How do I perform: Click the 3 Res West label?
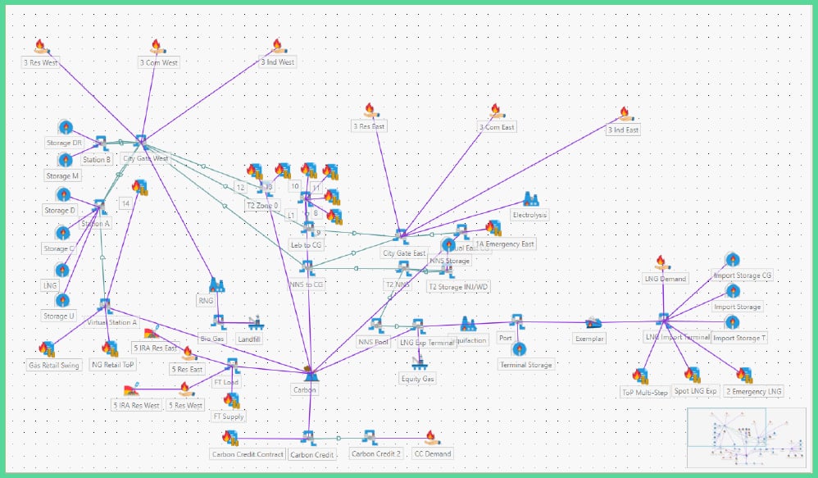click(x=39, y=62)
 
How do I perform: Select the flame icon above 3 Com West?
click(x=157, y=47)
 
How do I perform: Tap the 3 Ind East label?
click(x=623, y=130)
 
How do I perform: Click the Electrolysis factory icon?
click(x=529, y=199)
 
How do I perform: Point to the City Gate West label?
click(x=145, y=158)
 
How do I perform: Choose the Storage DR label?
click(x=64, y=143)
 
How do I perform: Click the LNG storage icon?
click(x=62, y=269)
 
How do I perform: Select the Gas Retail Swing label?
click(x=54, y=365)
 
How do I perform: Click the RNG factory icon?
click(x=216, y=285)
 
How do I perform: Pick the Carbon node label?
click(x=304, y=389)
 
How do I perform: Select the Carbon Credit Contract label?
click(x=248, y=454)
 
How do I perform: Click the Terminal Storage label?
click(x=525, y=364)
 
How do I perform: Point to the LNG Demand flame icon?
click(x=661, y=262)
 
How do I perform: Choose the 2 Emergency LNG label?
click(x=753, y=391)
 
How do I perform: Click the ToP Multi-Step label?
click(x=645, y=393)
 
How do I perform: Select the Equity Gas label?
click(x=417, y=378)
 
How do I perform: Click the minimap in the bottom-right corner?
click(x=745, y=439)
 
